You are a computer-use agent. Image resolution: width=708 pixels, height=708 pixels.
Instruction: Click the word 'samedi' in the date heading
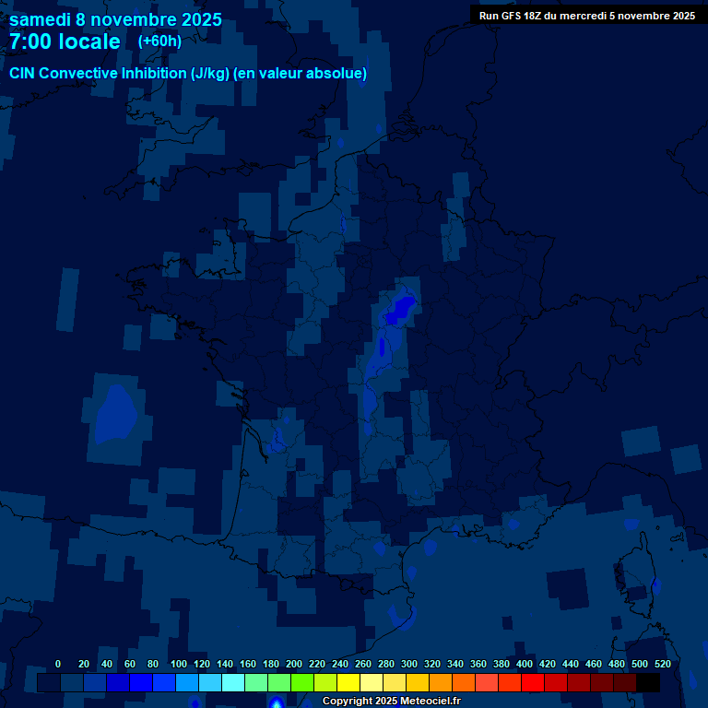click(x=41, y=19)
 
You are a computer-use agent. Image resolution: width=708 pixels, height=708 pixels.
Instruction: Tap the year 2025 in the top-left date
click(x=195, y=19)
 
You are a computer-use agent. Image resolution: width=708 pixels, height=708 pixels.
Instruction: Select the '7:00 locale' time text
click(x=65, y=41)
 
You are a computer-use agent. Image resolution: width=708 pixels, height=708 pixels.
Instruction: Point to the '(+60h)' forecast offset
click(x=159, y=41)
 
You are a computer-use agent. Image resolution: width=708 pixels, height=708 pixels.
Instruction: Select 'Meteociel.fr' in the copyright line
click(x=430, y=702)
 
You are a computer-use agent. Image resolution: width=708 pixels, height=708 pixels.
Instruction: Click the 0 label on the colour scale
click(x=58, y=664)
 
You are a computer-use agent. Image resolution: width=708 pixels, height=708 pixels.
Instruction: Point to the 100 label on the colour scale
click(x=179, y=664)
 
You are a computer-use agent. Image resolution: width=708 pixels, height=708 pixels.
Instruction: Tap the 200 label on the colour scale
click(x=294, y=664)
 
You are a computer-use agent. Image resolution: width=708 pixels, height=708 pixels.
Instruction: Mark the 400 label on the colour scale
click(x=525, y=664)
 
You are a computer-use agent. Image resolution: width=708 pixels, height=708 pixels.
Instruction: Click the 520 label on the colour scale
click(x=662, y=664)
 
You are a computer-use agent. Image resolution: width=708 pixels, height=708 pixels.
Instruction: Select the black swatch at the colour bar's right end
click(x=648, y=683)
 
